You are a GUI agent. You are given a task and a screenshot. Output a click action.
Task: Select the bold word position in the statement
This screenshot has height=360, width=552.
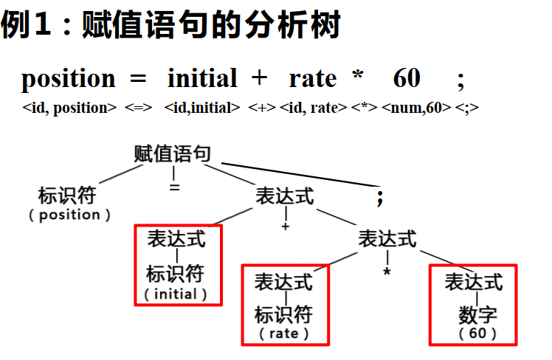[x=69, y=78]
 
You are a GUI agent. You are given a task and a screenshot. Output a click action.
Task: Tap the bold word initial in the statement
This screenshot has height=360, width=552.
[x=202, y=78]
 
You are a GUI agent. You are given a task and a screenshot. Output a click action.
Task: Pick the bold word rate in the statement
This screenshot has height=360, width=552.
[x=312, y=78]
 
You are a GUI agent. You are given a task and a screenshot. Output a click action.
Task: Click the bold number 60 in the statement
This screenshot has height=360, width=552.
[x=407, y=78]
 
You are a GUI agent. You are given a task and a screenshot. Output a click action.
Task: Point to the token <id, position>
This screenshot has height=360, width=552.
[x=70, y=108]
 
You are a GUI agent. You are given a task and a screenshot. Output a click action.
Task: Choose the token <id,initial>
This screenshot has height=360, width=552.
[x=203, y=108]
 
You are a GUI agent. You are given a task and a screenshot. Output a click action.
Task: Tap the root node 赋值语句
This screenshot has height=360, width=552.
[x=173, y=154]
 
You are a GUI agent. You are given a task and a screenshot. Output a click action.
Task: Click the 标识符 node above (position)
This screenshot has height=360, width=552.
[x=67, y=196]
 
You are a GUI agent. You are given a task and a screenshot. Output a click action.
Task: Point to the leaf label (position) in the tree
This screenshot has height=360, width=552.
[x=70, y=215]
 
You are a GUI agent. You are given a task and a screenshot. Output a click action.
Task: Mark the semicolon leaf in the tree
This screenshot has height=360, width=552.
[x=380, y=198]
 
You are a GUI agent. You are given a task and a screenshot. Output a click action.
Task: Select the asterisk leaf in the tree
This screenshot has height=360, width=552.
[x=386, y=271]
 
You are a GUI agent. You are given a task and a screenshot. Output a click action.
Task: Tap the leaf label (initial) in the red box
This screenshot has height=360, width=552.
[x=176, y=294]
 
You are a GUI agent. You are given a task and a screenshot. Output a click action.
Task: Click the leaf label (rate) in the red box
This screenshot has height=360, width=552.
[x=284, y=333]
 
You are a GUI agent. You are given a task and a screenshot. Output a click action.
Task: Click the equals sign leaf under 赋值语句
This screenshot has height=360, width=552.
[x=174, y=187]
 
